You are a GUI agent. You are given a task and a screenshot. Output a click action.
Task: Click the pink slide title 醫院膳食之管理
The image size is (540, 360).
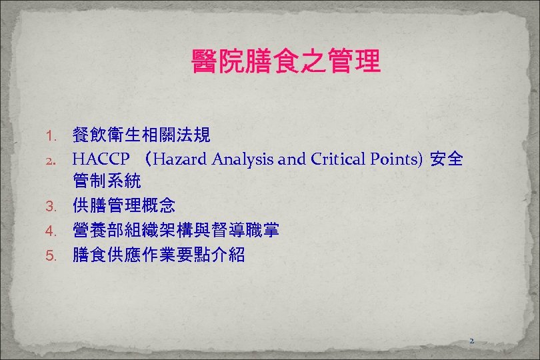pyautogui.click(x=285, y=61)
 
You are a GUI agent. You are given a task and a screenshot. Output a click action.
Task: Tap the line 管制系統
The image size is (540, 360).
pyautogui.click(x=107, y=181)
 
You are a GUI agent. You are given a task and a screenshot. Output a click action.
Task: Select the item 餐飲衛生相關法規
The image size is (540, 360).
pyautogui.click(x=141, y=137)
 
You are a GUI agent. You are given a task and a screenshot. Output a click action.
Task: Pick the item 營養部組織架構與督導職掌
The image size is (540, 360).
pyautogui.click(x=176, y=231)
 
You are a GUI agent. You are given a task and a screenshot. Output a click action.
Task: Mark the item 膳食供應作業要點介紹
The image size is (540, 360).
pyautogui.click(x=159, y=255)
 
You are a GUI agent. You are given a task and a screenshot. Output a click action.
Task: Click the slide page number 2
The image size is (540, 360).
pyautogui.click(x=471, y=341)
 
